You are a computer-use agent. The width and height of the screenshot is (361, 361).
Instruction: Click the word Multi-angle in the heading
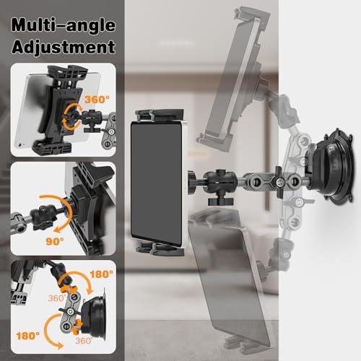point(64,25)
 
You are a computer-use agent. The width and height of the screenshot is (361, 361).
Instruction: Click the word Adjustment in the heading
point(64,47)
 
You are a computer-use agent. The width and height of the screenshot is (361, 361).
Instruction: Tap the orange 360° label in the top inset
point(97,100)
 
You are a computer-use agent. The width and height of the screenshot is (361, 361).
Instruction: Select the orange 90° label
point(55,241)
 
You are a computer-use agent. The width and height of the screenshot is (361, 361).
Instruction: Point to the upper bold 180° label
point(101,274)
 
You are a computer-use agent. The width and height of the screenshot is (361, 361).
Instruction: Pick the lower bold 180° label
point(28,336)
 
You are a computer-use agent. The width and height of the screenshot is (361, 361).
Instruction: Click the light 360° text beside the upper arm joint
point(57,298)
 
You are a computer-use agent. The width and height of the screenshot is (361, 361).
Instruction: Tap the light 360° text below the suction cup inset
point(84,341)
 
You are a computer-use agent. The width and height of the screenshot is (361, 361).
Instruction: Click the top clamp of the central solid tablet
point(160,116)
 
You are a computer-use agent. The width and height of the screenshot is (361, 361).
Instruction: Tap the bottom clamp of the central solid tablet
point(160,249)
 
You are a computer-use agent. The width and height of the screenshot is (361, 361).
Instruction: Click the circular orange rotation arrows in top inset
point(71,116)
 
